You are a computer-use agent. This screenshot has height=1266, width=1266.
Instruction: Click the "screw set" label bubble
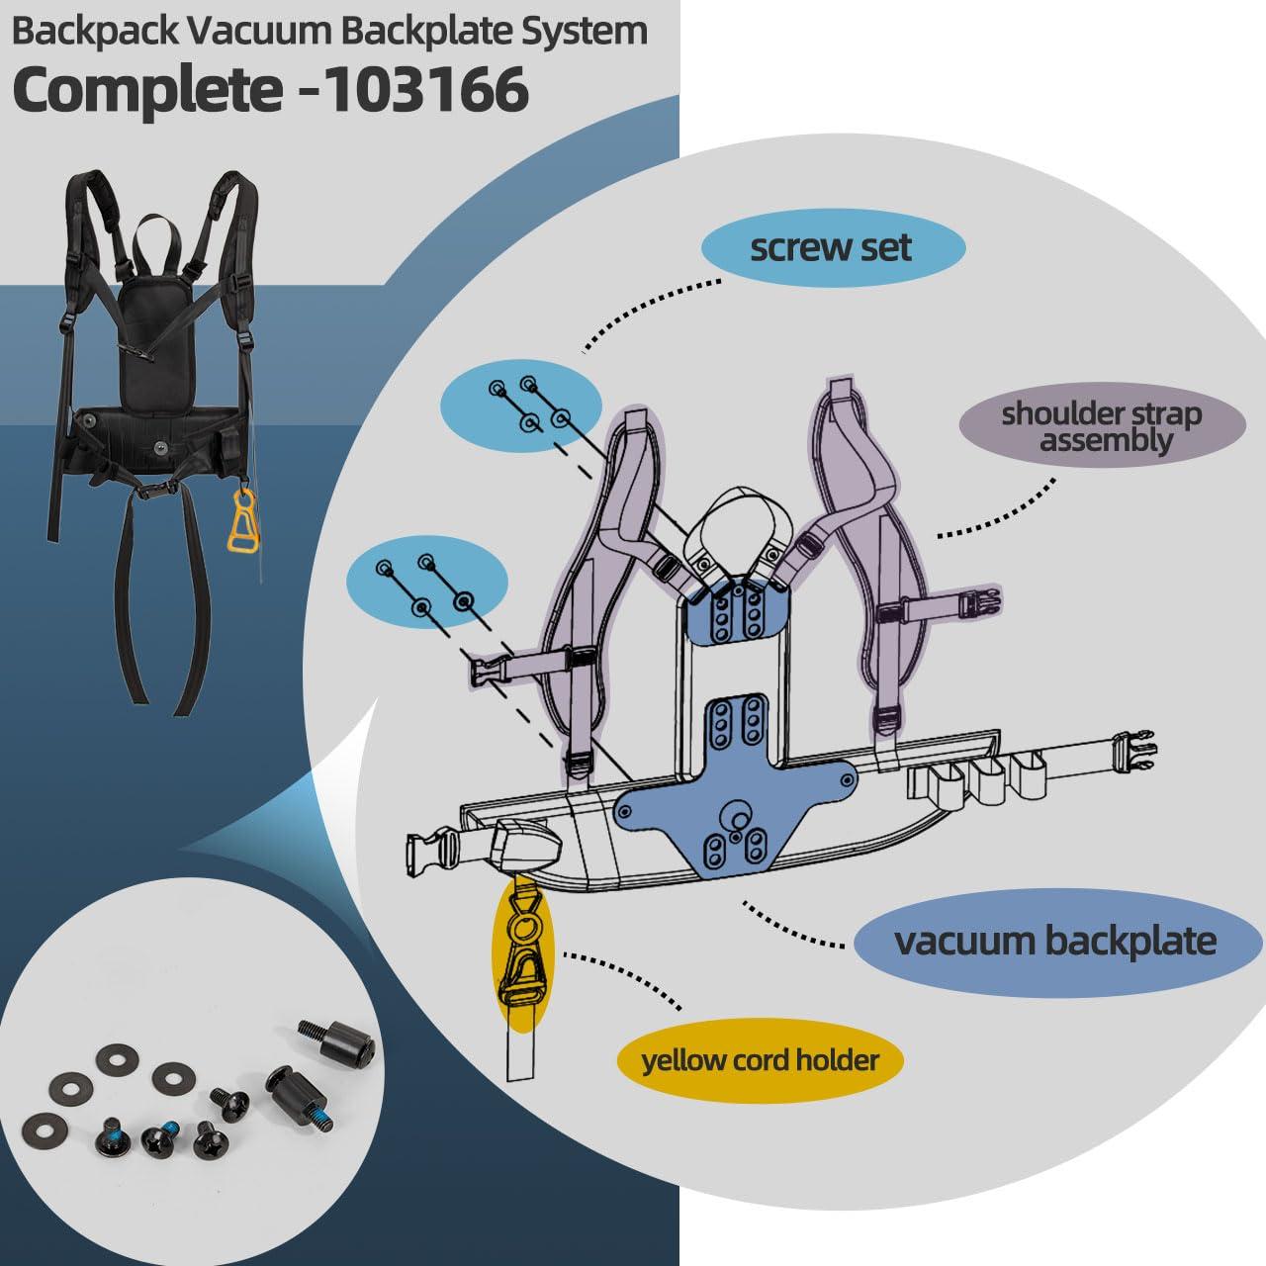831,247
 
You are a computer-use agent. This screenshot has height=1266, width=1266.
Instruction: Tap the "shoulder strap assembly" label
1102,426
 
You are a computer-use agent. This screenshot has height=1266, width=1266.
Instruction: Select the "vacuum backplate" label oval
1055,940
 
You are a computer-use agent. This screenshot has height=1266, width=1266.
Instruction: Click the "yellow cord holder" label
760,1061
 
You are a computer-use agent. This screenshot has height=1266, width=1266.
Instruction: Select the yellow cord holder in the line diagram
522,939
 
